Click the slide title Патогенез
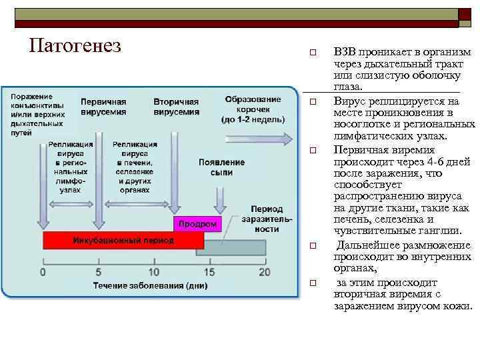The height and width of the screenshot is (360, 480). (75, 45)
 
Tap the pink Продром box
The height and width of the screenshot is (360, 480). (197, 225)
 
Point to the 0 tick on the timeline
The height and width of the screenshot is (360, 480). (43, 272)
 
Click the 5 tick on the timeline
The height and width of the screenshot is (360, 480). (99, 272)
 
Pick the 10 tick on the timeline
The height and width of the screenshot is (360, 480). (154, 272)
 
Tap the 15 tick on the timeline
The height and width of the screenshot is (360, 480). (209, 272)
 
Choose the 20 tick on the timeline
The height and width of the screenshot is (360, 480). (264, 272)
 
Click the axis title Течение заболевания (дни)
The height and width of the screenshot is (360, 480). (150, 286)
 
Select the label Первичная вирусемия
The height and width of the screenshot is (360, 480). (103, 107)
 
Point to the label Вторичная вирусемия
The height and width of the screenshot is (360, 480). (176, 107)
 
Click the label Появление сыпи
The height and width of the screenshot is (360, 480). (222, 167)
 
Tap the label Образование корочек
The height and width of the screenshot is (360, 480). (253, 109)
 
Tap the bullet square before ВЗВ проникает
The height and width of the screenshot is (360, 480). (311, 53)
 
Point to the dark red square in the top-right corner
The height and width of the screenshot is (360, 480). (464, 15)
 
